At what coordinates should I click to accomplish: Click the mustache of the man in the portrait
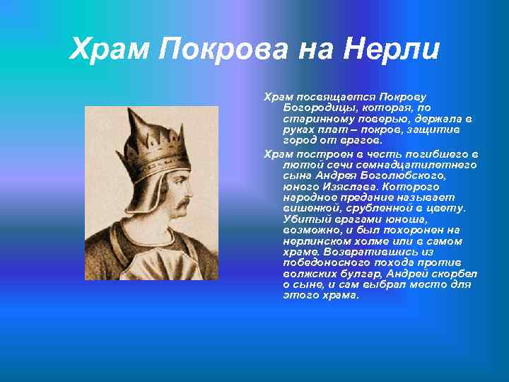(x=182, y=205)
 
